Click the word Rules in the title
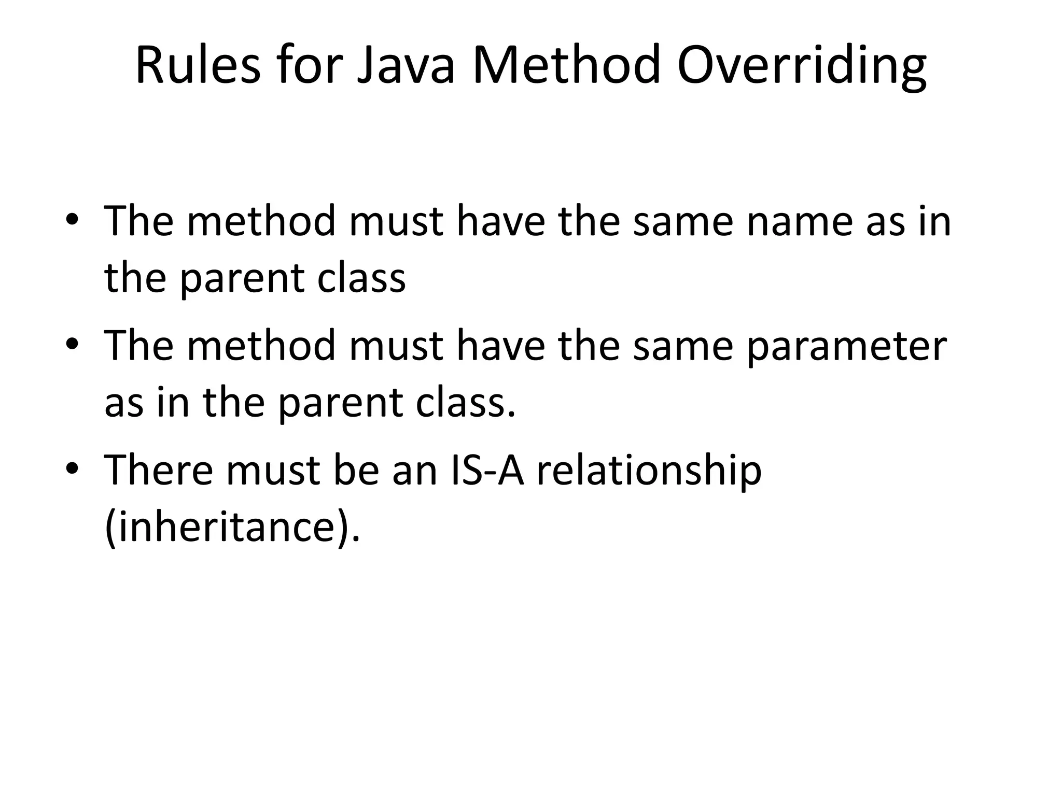click(x=198, y=65)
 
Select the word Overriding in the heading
click(x=801, y=65)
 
